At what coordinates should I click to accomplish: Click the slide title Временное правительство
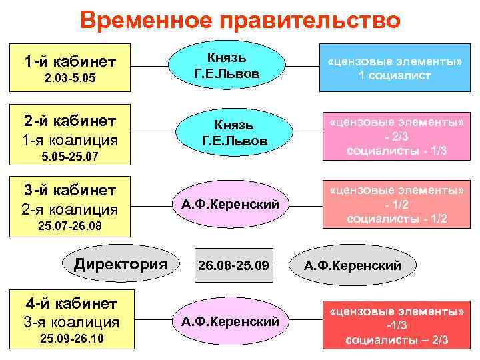tap(240, 20)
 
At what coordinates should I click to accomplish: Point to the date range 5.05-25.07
tap(71, 159)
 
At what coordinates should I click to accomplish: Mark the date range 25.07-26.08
tap(71, 227)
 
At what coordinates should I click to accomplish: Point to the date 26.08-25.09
tap(233, 265)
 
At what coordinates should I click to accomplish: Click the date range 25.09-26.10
tap(71, 339)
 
